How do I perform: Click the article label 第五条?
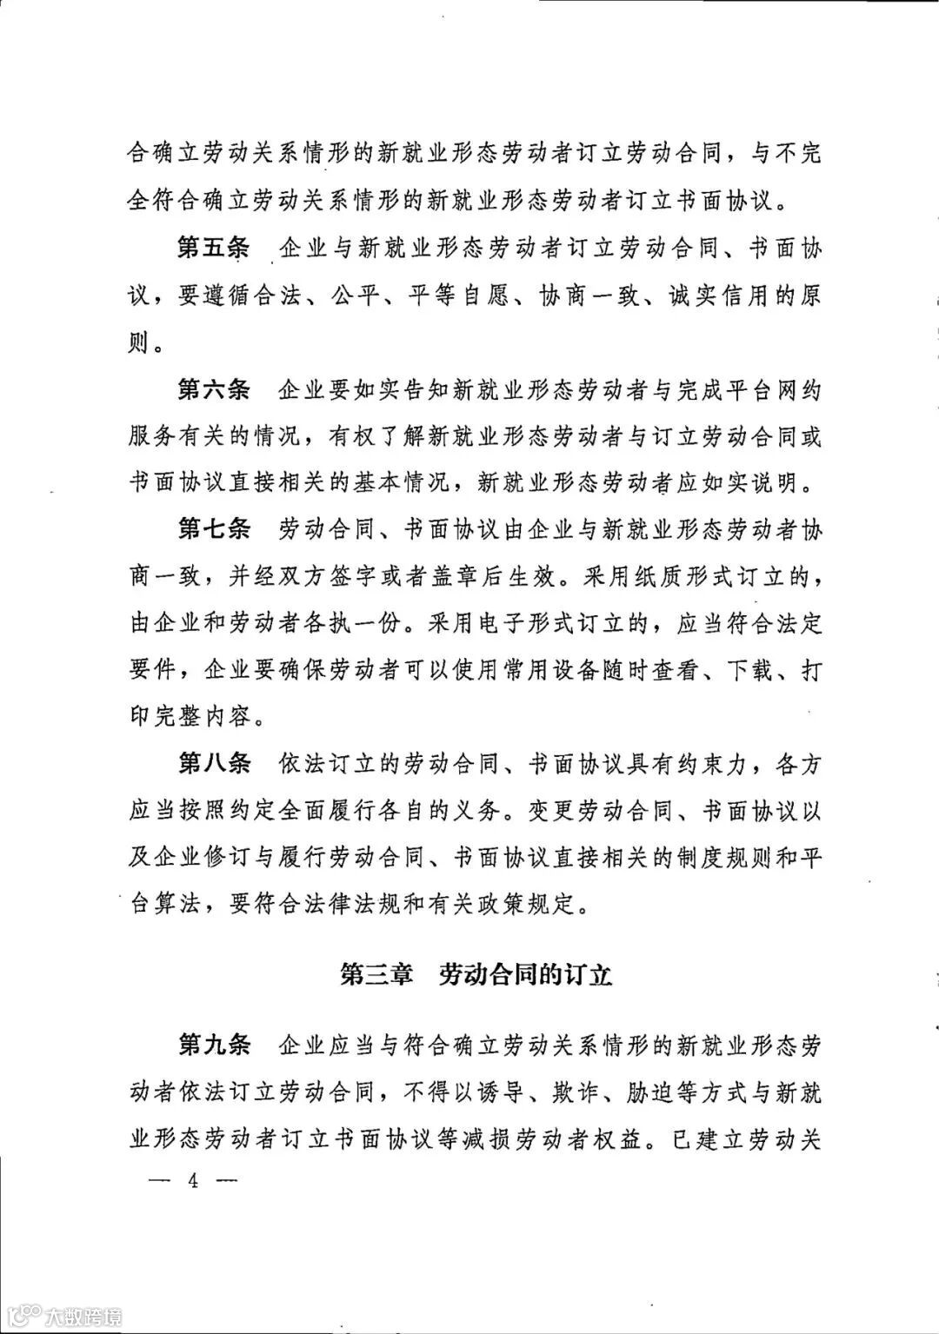[x=214, y=249]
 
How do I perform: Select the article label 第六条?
[x=214, y=390]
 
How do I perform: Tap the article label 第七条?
[x=214, y=530]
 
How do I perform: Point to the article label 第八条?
[x=214, y=765]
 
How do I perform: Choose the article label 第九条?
[x=214, y=1045]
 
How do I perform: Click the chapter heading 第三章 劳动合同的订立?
[x=476, y=975]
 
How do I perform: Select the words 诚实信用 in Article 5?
[x=721, y=296]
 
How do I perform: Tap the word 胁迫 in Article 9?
[x=649, y=1092]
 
